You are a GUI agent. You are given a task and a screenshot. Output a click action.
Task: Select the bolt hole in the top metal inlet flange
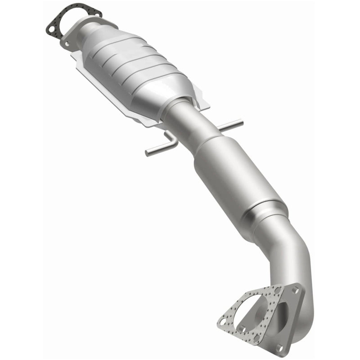point(67,44)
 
